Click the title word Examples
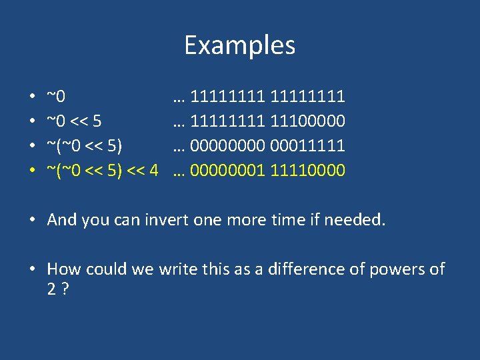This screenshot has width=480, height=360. click(x=239, y=45)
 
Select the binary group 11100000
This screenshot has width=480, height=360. click(x=307, y=121)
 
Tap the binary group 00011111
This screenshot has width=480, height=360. click(x=307, y=146)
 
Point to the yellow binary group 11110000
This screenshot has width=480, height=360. click(x=307, y=171)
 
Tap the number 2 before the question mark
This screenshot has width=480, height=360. click(x=52, y=290)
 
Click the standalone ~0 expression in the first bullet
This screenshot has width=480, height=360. click(x=56, y=97)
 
